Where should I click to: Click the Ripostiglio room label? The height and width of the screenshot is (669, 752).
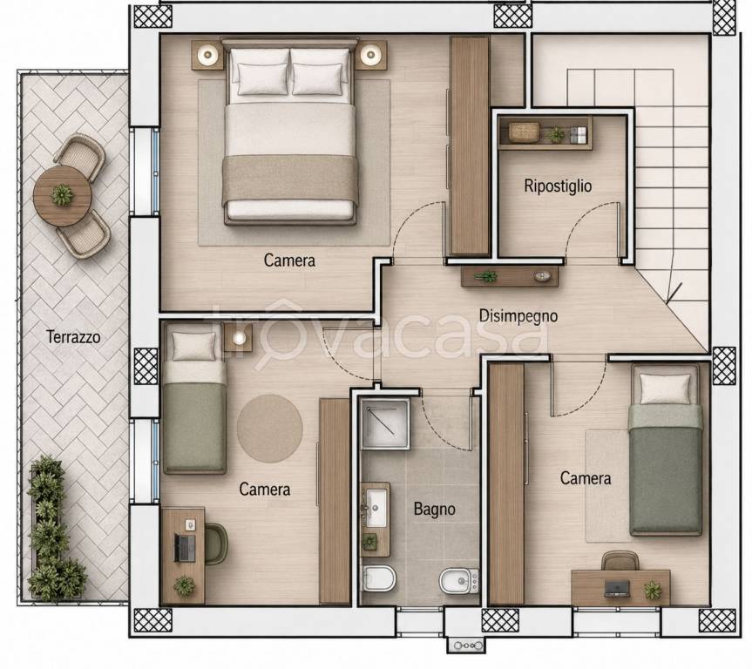coord(558,186)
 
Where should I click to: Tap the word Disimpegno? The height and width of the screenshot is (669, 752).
coord(518,316)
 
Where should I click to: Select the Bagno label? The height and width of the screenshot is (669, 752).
coord(435,509)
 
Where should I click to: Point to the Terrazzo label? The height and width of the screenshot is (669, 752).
coord(73,336)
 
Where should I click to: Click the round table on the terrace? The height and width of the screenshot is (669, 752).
coord(63,196)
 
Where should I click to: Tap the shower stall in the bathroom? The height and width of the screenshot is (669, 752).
coord(385,423)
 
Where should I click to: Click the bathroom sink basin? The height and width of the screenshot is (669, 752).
coord(377,507)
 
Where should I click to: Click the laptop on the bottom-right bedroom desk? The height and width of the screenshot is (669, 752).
coord(617,588)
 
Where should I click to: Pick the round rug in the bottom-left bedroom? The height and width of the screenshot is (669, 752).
coord(269,429)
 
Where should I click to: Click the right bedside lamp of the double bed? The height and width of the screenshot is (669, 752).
coord(370,55)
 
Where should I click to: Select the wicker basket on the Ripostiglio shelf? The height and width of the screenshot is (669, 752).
coord(524,132)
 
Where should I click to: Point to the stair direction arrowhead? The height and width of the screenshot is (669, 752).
coord(672,294)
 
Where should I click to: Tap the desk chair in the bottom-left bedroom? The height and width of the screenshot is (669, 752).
coord(216,544)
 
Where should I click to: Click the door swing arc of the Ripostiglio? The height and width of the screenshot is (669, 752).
coord(587,221)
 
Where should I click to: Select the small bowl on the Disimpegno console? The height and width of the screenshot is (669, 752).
coord(542,276)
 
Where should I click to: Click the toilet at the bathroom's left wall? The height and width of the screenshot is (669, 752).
coord(378,579)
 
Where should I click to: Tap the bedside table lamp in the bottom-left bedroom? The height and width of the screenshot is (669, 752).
coord(239,338)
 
